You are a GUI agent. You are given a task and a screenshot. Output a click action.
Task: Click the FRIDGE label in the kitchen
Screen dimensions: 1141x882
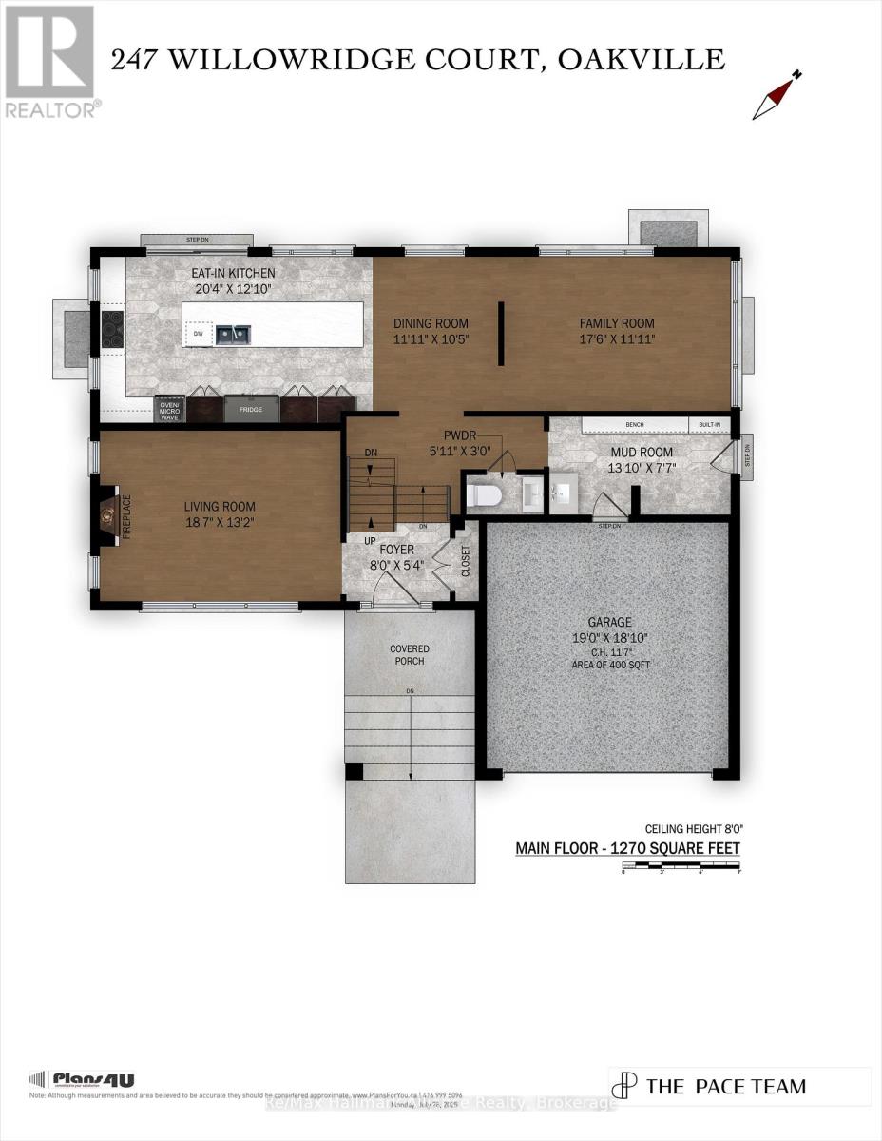[251, 409]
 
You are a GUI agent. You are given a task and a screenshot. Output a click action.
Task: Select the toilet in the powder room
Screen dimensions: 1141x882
[483, 495]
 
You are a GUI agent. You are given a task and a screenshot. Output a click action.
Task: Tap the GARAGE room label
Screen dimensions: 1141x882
[608, 622]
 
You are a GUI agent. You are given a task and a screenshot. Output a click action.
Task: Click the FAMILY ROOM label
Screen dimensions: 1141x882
[617, 323]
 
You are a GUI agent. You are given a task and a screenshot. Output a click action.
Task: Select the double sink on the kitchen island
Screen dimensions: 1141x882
[233, 333]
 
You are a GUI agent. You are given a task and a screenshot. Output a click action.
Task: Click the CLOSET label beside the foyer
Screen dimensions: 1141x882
[465, 561]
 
